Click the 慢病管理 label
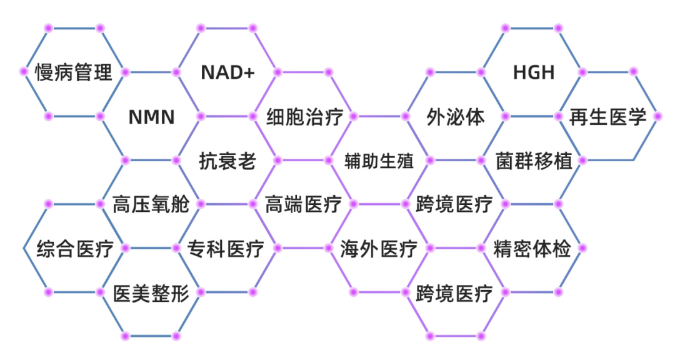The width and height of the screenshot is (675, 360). tap(74, 72)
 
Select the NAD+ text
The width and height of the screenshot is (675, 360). tap(228, 72)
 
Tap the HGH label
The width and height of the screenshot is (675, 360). tap(534, 72)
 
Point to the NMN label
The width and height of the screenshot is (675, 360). tap(151, 117)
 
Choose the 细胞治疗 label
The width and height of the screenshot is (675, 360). tap(304, 117)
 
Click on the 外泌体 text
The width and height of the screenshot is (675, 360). tap(456, 117)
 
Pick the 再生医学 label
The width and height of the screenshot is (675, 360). tap(607, 117)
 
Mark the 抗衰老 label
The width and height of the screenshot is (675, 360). tap(228, 161)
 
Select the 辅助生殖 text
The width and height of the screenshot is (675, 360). tap(379, 161)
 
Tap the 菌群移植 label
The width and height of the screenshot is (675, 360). tap(534, 161)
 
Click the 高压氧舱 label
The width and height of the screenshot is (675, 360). tap(151, 204)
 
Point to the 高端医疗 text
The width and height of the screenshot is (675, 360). tap(304, 204)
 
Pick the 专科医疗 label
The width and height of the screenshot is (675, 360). tap(226, 249)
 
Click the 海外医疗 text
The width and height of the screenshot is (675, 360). tap(379, 249)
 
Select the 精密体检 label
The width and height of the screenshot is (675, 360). tap(532, 249)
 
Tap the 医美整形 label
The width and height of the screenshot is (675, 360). tap(151, 292)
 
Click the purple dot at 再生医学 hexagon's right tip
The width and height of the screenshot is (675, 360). tap(657, 116)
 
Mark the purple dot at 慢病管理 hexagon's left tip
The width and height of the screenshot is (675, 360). tap(24, 72)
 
